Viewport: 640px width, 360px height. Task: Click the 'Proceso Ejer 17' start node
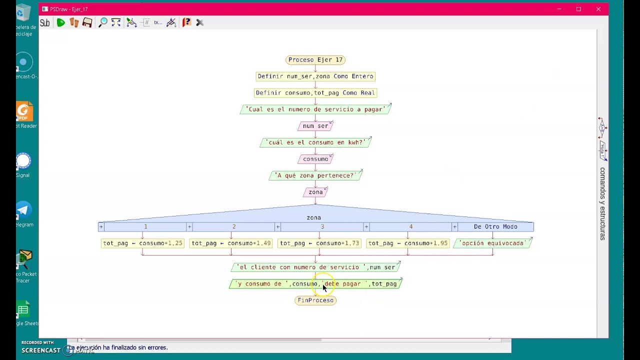click(315, 60)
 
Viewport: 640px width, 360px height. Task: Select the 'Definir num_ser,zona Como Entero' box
click(315, 76)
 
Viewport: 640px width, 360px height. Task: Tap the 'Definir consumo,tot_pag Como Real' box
click(315, 93)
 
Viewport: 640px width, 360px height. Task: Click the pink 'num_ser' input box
click(315, 126)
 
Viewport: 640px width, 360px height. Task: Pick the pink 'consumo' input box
click(315, 159)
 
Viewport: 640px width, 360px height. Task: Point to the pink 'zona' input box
click(315, 192)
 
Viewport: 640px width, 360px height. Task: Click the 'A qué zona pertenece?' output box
click(315, 175)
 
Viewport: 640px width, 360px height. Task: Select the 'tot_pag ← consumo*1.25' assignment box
click(142, 243)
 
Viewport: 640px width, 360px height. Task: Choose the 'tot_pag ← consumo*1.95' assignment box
click(408, 243)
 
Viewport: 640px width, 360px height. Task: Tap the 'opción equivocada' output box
click(492, 243)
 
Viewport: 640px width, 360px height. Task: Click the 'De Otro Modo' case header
click(495, 227)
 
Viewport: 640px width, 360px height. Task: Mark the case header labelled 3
click(322, 227)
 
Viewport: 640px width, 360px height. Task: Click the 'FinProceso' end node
click(315, 300)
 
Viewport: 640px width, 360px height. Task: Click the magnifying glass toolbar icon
click(103, 22)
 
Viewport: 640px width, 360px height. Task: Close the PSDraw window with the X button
click(598, 9)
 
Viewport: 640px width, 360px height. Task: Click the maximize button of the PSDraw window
click(578, 9)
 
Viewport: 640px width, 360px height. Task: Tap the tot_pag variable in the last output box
click(384, 284)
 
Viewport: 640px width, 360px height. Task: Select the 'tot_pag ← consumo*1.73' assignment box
click(319, 243)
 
